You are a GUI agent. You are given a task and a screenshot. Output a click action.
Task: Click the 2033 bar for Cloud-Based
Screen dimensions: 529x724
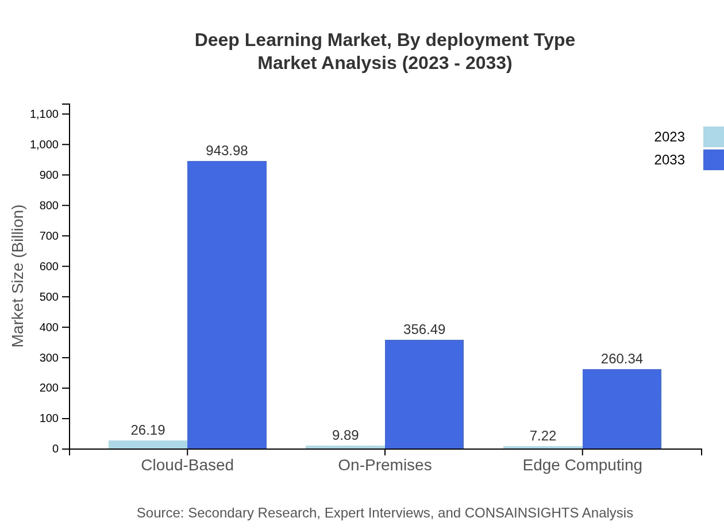click(227, 305)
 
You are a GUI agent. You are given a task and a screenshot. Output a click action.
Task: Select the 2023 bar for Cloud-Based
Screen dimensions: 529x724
click(148, 444)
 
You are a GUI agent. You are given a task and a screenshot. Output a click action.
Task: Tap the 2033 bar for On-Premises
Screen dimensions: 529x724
click(424, 394)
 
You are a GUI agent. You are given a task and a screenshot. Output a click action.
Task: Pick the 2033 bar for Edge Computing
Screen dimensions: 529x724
click(622, 409)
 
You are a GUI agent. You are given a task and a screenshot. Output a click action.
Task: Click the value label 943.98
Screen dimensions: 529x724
click(227, 151)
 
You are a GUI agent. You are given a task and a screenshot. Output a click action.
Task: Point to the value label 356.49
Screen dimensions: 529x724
click(424, 329)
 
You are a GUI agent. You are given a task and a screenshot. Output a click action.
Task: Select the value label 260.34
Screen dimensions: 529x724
click(622, 359)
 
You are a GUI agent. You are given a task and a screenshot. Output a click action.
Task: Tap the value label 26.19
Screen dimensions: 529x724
click(148, 430)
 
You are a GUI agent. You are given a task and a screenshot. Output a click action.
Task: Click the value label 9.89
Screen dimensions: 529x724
click(345, 435)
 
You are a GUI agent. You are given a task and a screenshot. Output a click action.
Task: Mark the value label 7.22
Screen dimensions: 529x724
click(543, 436)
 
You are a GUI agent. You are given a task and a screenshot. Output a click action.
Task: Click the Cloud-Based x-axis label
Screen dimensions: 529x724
click(187, 465)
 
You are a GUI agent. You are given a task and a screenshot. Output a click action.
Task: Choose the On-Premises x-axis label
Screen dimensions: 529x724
click(385, 465)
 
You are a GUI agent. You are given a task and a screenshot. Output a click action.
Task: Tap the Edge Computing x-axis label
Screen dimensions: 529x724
click(582, 465)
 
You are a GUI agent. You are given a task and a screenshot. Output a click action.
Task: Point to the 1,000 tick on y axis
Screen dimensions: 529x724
click(44, 144)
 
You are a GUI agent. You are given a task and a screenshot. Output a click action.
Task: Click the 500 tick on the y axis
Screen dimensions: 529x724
click(49, 297)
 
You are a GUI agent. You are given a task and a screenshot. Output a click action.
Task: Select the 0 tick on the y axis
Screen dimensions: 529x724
click(56, 449)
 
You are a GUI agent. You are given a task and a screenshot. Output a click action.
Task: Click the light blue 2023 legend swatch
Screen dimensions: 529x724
click(713, 137)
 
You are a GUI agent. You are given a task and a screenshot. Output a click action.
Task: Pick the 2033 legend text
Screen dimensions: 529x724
click(669, 160)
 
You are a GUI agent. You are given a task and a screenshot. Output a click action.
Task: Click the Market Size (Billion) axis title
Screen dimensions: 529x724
click(18, 276)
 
